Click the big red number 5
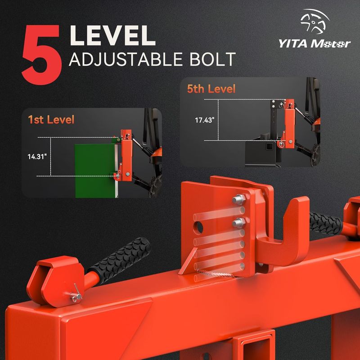[42, 54]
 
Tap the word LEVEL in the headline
[112, 36]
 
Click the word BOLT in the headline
[212, 59]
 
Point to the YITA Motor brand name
[315, 43]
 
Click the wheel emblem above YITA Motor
[315, 21]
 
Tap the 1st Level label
[51, 120]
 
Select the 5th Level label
[211, 89]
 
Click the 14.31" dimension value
[37, 157]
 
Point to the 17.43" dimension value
[205, 120]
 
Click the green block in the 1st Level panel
[95, 171]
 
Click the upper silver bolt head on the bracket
[239, 199]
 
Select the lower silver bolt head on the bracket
[239, 222]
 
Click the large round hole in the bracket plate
[198, 228]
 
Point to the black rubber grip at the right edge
[326, 223]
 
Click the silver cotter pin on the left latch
[75, 294]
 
